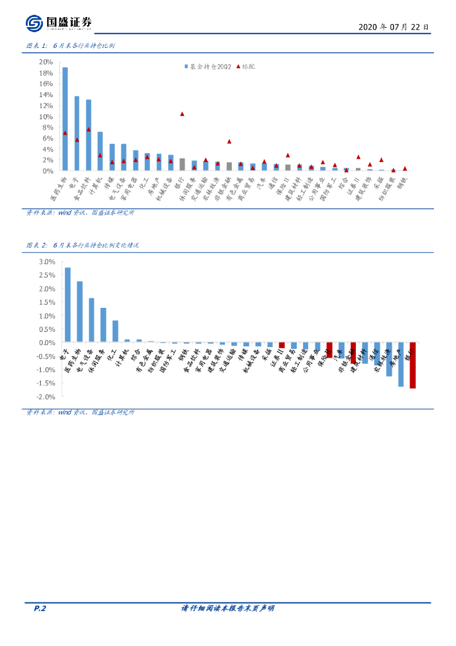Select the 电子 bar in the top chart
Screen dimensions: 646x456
click(x=77, y=133)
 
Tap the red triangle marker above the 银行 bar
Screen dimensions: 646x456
click(x=182, y=114)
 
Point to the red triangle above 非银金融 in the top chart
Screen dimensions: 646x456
click(x=229, y=141)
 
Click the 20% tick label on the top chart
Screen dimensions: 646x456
click(x=46, y=62)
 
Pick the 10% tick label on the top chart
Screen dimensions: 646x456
click(x=46, y=116)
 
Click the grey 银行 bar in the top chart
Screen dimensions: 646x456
click(x=182, y=164)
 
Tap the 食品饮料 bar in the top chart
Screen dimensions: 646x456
click(x=89, y=135)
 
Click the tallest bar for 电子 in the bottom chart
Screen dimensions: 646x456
click(x=67, y=305)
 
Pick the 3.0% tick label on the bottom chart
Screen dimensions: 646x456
click(x=47, y=262)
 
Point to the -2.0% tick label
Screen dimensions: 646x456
click(x=46, y=397)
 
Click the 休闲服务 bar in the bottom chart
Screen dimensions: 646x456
click(x=103, y=325)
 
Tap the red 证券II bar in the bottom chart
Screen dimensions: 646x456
click(x=282, y=345)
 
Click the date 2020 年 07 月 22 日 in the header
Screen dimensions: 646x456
click(x=394, y=27)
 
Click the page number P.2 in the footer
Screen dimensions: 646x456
click(x=40, y=608)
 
